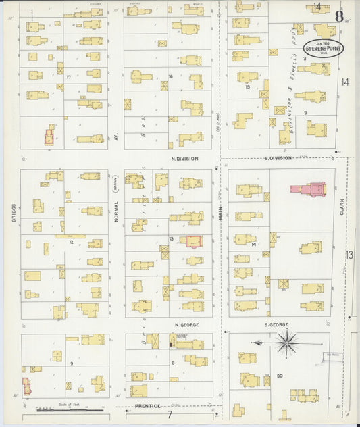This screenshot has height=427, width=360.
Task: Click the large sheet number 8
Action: [339, 16]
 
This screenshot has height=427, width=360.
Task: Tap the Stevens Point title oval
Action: [322, 49]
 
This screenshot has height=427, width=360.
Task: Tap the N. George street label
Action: [186, 325]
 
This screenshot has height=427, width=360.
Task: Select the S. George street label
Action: [278, 325]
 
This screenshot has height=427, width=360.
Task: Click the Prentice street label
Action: [147, 406]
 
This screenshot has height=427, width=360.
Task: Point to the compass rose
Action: [288, 343]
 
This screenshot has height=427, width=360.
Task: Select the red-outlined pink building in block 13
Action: [194, 241]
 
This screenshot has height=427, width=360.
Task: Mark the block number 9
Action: [71, 363]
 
